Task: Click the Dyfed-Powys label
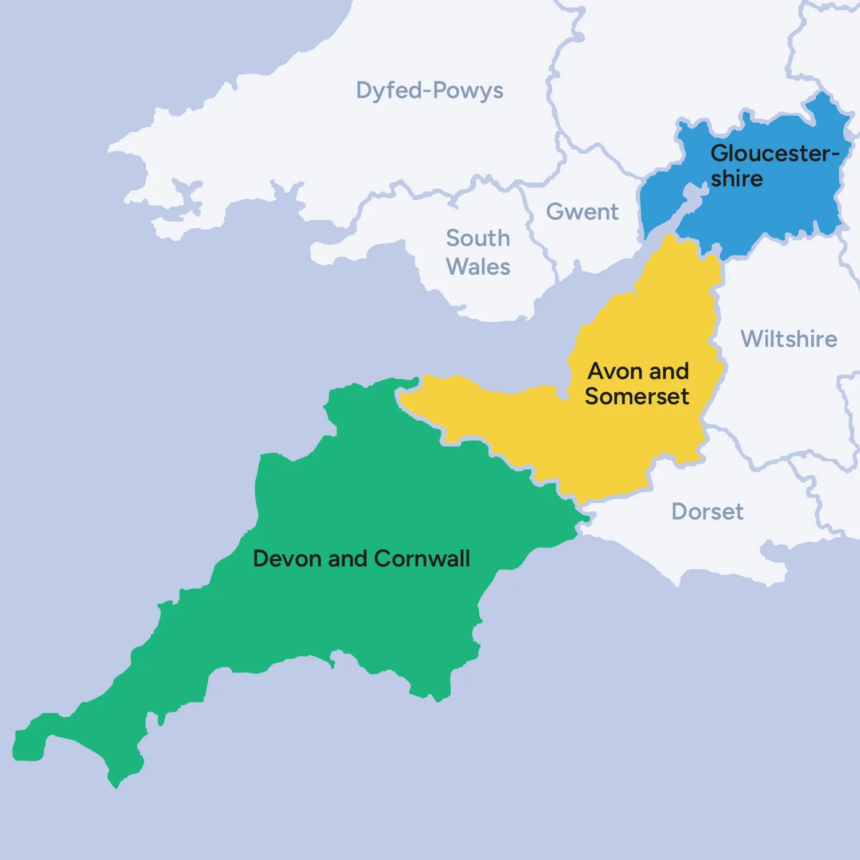(x=429, y=91)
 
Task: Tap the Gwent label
(x=582, y=212)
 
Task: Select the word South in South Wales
(x=478, y=239)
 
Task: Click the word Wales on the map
(x=478, y=267)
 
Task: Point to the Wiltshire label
(x=789, y=339)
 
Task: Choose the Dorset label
(x=707, y=511)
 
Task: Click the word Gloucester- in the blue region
(x=771, y=154)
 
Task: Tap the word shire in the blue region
(x=737, y=179)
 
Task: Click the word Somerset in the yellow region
(x=637, y=397)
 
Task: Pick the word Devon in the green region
(x=287, y=559)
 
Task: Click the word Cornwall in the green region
(x=423, y=559)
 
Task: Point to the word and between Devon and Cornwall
(x=347, y=559)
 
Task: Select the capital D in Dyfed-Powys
(x=364, y=91)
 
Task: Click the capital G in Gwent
(x=554, y=212)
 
